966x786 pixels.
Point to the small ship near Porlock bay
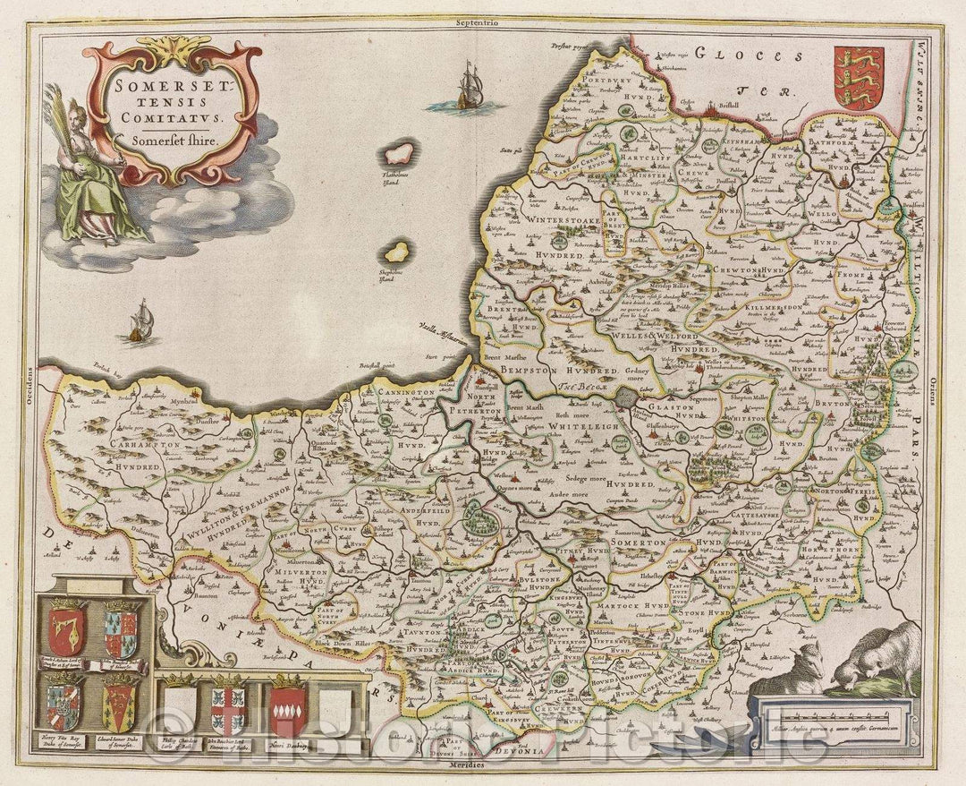tap(140, 321)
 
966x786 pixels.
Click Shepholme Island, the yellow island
tap(396, 252)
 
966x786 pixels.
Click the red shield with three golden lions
tap(858, 78)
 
